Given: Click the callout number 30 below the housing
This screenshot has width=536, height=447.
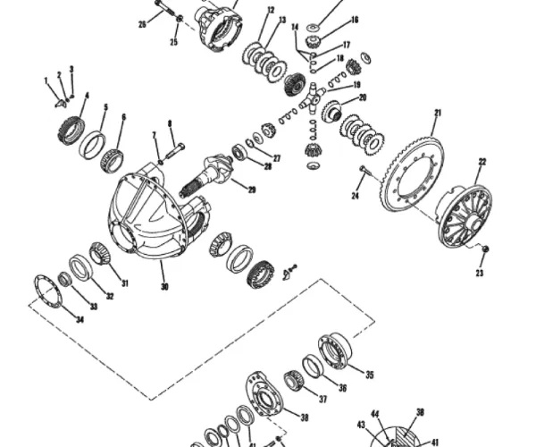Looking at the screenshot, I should coord(163,287).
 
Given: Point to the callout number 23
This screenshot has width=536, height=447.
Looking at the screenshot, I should coord(479,274).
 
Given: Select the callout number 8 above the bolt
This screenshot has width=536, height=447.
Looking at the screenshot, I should coord(169,123).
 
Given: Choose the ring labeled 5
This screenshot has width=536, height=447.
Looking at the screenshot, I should coord(91,143).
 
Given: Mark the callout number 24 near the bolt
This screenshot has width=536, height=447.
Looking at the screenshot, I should coord(355,196).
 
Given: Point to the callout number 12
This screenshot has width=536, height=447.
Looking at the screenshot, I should coord(270,11).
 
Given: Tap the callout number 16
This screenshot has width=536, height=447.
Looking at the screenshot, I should coord(354,19).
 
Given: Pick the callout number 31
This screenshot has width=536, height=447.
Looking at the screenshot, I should coord(124,283).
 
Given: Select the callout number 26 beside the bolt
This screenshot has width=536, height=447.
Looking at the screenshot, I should coord(142,24).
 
